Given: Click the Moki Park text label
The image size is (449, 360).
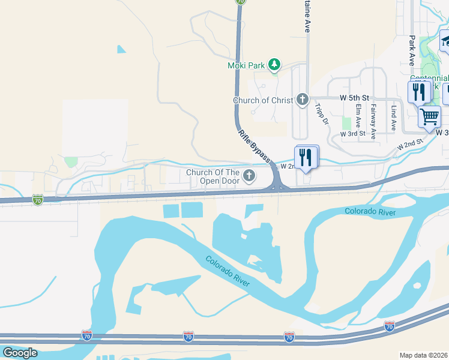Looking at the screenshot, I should tap(246, 65).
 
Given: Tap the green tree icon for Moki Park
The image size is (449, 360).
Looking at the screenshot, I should tap(274, 64).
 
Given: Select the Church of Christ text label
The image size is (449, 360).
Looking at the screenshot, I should tap(263, 100).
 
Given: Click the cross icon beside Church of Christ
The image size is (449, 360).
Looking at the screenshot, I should tap(303, 100).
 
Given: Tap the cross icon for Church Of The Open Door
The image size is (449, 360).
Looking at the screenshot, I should tap(249, 176).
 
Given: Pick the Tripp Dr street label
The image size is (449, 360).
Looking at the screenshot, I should tap(322, 114).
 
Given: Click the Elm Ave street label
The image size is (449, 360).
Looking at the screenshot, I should tap(358, 114).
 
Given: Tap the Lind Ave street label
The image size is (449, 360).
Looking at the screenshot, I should tap(394, 118).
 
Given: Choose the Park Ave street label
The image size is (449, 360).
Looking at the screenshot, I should tap(412, 50).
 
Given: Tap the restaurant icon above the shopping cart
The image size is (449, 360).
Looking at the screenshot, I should tap(419, 92).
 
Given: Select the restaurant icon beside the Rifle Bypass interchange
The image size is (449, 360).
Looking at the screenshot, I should tap(307, 157).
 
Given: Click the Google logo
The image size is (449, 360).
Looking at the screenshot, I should tap(20, 353).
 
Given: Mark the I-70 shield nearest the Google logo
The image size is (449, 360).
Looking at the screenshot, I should tap(88, 335).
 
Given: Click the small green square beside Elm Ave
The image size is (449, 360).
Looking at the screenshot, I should tap(346, 122).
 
